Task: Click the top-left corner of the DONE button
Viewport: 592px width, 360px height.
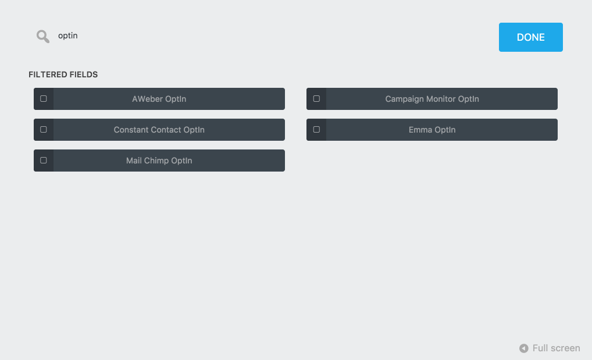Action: click(499, 23)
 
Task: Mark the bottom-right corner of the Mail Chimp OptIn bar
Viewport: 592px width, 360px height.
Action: click(285, 172)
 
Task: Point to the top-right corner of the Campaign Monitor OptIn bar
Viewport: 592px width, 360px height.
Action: click(558, 88)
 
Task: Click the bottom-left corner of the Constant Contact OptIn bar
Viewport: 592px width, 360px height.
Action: click(34, 141)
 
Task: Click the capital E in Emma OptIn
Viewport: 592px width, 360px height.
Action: click(411, 130)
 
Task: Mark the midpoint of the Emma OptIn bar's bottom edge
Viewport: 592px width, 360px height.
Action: click(432, 141)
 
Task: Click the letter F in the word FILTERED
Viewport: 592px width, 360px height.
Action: click(31, 75)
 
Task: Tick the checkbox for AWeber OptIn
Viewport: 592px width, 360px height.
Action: click(44, 99)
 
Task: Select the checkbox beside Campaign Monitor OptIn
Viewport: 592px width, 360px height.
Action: click(316, 99)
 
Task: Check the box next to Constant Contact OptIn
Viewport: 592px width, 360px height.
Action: click(44, 130)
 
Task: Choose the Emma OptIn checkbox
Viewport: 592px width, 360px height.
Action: click(316, 130)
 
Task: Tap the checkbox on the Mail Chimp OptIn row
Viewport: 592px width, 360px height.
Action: click(44, 160)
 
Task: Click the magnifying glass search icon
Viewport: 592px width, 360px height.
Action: click(43, 37)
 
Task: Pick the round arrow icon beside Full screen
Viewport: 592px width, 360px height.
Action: click(523, 348)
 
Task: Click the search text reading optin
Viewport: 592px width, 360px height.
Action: click(68, 36)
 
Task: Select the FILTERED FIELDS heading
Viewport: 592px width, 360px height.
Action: click(63, 75)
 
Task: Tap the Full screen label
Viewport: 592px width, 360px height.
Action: click(556, 348)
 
